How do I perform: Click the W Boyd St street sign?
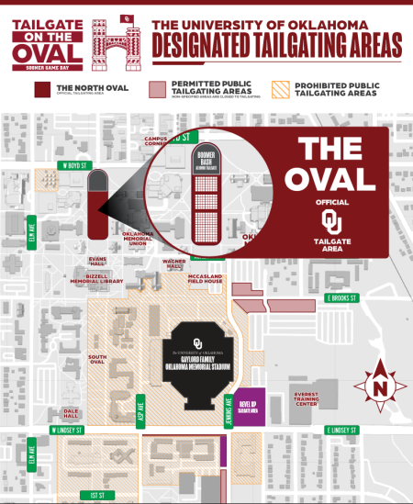coord(70,165)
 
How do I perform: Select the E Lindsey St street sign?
coord(345,430)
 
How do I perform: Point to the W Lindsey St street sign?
coord(67,430)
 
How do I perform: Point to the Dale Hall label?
coord(71,414)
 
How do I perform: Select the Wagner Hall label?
coord(174,263)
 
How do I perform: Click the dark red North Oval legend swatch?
coord(39,89)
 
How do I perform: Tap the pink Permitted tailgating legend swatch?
coord(159,89)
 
